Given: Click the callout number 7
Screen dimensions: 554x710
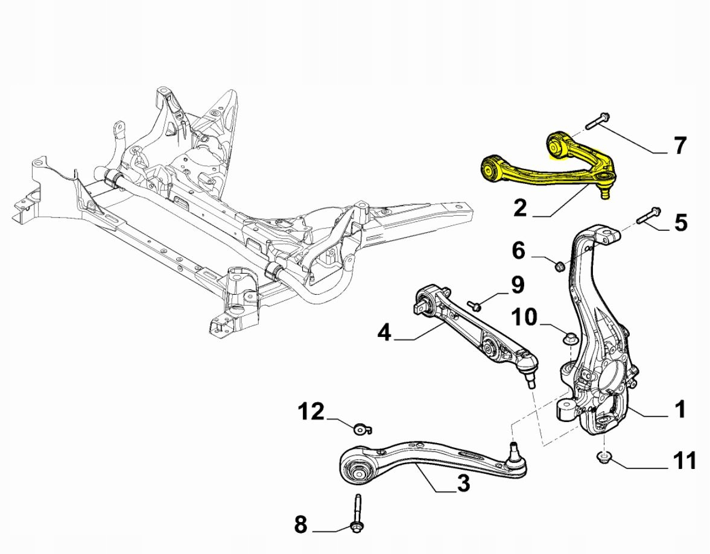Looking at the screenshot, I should click(679, 145).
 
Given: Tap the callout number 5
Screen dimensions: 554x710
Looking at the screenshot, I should click(680, 222).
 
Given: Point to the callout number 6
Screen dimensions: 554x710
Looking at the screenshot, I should click(519, 250).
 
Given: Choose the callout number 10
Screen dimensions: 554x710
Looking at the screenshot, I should click(525, 316).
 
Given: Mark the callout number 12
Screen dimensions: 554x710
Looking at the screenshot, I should click(311, 412).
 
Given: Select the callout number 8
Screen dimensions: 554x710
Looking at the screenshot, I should click(300, 525).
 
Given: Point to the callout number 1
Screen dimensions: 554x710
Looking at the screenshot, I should click(680, 410).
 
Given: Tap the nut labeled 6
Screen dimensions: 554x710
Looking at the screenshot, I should click(559, 265).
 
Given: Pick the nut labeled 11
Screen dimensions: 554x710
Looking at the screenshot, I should click(604, 458).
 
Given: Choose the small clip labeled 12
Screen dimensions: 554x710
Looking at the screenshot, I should click(361, 429).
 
